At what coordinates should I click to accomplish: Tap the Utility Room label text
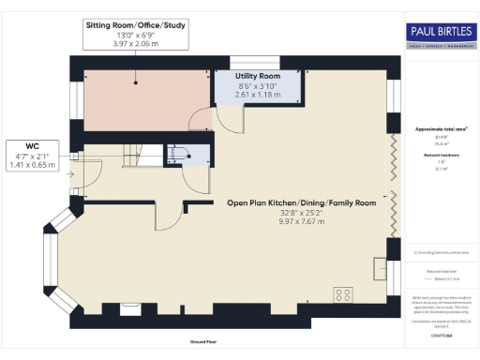[x=257, y=75]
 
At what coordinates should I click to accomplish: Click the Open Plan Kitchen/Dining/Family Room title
[x=301, y=202]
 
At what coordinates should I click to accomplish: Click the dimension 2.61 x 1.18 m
[x=257, y=95]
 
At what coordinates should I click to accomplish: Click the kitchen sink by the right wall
[x=380, y=269]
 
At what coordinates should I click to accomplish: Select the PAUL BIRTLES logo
[x=440, y=35]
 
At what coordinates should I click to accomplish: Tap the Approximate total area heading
[x=440, y=128]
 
